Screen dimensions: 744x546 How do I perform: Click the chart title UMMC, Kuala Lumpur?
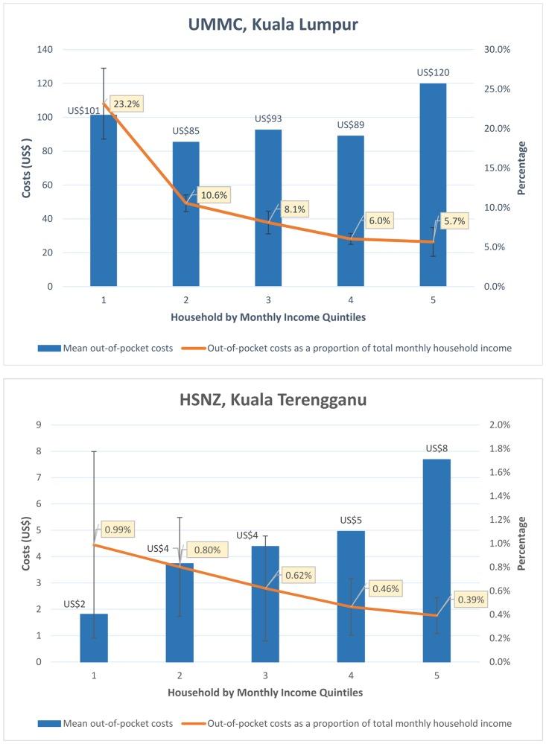[273, 25]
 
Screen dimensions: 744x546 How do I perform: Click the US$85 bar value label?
[186, 131]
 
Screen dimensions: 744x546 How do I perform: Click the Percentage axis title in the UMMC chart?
[521, 168]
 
